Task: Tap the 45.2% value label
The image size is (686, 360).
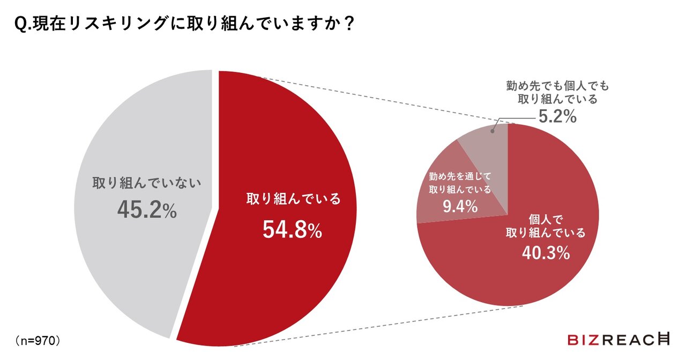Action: (146, 211)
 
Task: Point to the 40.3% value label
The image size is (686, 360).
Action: (546, 253)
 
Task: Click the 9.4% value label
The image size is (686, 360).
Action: (460, 206)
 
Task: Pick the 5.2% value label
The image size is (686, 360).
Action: (557, 116)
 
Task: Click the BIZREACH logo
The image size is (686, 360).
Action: (618, 339)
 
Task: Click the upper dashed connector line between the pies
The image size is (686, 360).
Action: (375, 99)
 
